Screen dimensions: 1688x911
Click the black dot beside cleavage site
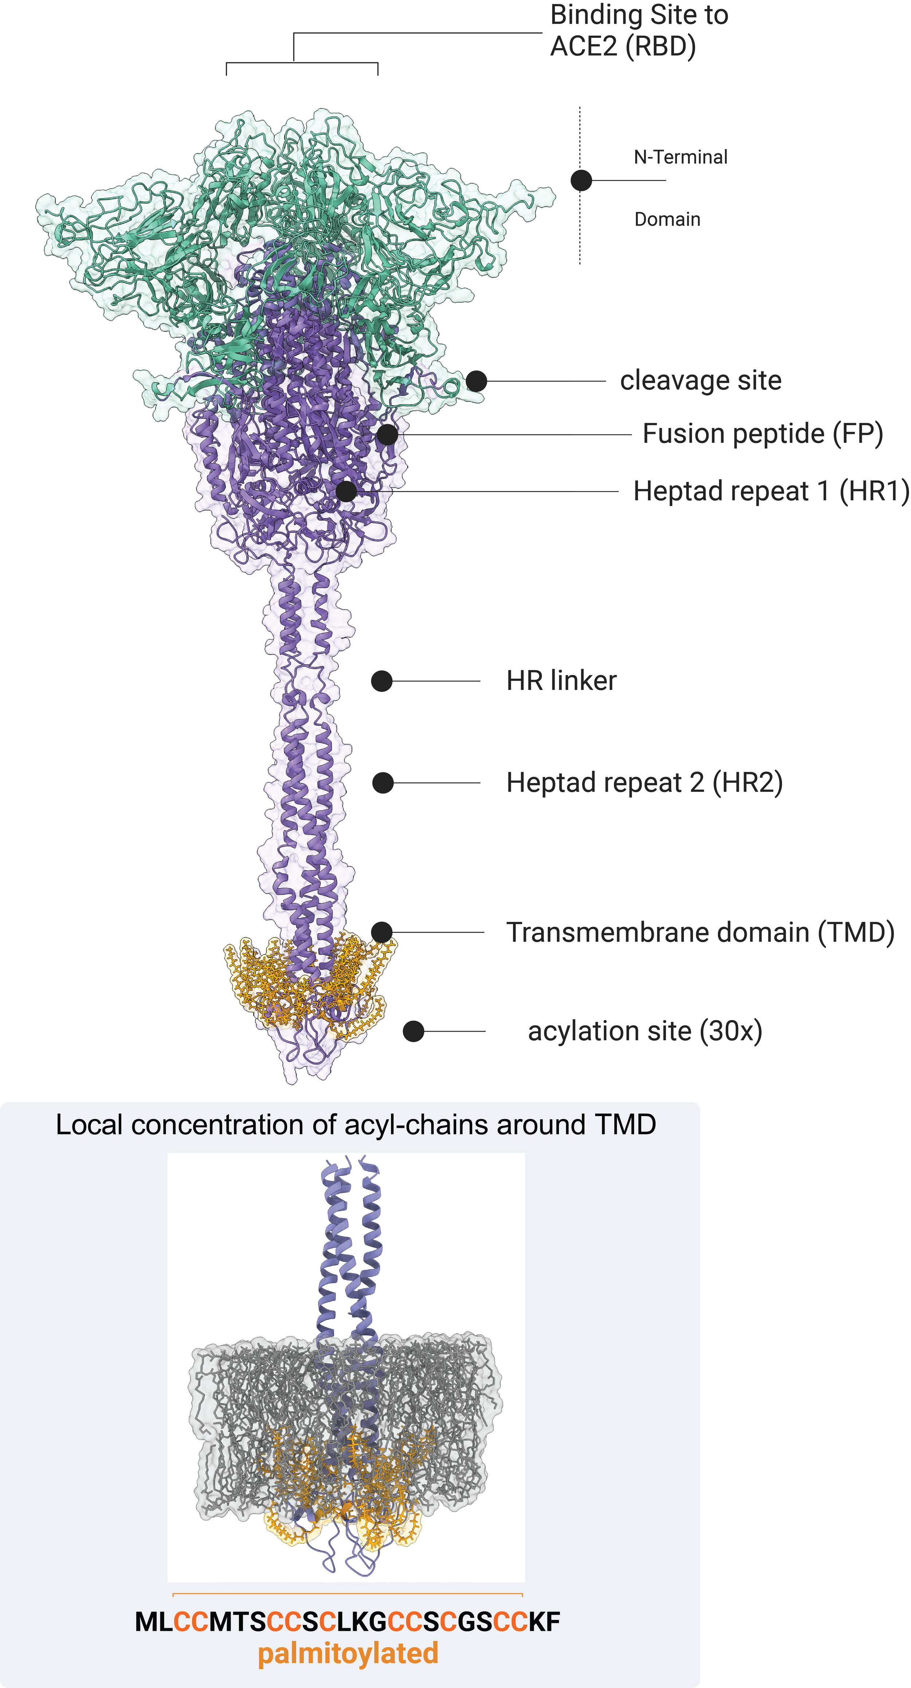(x=477, y=381)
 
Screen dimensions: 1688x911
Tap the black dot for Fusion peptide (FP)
(x=387, y=434)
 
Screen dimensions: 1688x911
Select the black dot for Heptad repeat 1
(x=346, y=491)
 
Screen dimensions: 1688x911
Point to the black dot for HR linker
(x=382, y=681)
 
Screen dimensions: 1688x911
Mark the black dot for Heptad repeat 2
(x=383, y=782)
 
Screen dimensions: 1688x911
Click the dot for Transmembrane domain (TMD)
(x=382, y=932)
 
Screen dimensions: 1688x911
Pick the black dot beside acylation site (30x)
(x=413, y=1031)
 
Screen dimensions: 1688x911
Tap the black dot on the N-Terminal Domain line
(x=581, y=180)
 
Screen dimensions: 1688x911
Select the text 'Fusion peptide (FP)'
(x=762, y=434)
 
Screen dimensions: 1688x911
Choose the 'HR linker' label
(x=561, y=681)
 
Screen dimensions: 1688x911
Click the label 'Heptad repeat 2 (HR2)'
(x=644, y=782)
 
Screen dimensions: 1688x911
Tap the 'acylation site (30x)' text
(x=645, y=1031)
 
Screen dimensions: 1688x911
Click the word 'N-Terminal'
(x=680, y=157)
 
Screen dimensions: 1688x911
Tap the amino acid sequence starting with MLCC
(x=347, y=1621)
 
